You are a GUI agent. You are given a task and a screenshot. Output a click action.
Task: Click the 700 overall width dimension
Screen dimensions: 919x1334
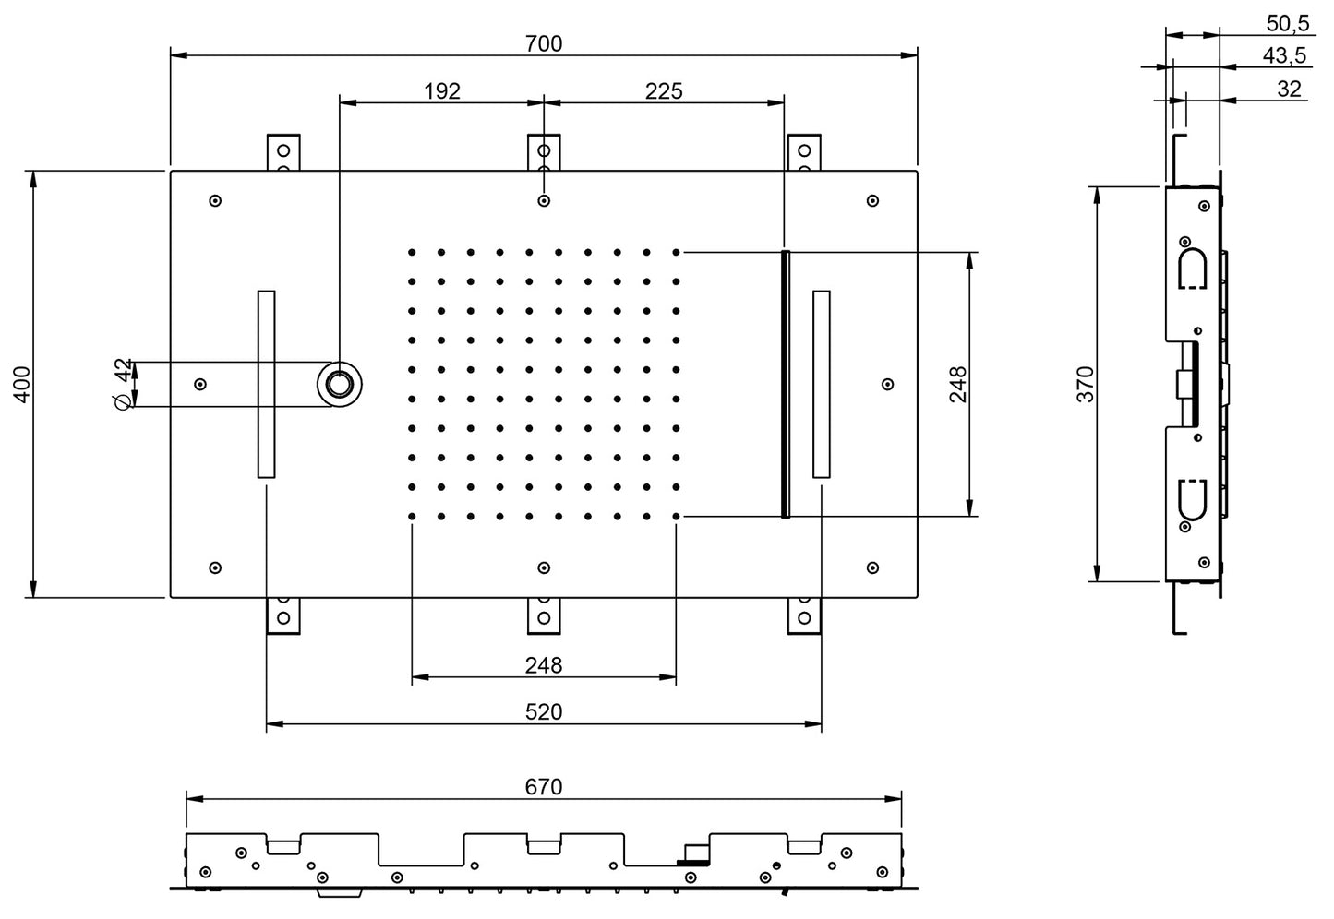pyautogui.click(x=544, y=43)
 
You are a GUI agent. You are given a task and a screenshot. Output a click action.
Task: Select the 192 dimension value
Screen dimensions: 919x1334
pyautogui.click(x=441, y=90)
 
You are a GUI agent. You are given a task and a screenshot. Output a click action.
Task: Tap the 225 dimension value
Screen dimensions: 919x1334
pyautogui.click(x=663, y=90)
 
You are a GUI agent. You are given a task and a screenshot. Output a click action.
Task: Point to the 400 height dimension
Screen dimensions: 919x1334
pyautogui.click(x=23, y=383)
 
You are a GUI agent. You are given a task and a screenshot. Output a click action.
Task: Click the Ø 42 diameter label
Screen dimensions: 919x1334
pyautogui.click(x=123, y=384)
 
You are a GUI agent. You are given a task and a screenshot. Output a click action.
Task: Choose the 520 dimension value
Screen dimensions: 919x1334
pyautogui.click(x=543, y=711)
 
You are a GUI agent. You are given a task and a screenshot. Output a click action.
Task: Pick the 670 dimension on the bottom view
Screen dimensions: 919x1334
pyautogui.click(x=543, y=786)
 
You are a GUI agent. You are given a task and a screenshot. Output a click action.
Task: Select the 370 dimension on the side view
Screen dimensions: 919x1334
pyautogui.click(x=1086, y=383)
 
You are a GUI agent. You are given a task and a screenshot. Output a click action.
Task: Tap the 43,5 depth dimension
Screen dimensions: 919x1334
pyautogui.click(x=1284, y=56)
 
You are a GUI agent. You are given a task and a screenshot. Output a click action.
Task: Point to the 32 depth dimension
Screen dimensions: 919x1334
pyautogui.click(x=1289, y=89)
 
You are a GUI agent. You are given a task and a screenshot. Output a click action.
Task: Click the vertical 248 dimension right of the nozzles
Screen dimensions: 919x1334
pyautogui.click(x=957, y=383)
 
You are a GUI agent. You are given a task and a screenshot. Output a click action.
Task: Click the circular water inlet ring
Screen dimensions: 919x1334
pyautogui.click(x=341, y=384)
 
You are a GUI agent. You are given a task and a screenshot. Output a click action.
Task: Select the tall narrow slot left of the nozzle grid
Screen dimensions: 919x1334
pyautogui.click(x=266, y=384)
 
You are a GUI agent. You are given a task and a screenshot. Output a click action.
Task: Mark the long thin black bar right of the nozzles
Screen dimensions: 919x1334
pyautogui.click(x=786, y=384)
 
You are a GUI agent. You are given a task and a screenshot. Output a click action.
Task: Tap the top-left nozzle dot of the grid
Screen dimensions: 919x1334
pyautogui.click(x=412, y=251)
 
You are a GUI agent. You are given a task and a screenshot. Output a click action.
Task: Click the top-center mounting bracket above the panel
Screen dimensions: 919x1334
pyautogui.click(x=544, y=151)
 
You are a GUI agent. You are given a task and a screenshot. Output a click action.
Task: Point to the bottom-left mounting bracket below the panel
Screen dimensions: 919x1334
pyautogui.click(x=283, y=615)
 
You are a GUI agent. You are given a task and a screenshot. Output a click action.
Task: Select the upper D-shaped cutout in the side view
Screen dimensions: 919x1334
pyautogui.click(x=1192, y=269)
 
